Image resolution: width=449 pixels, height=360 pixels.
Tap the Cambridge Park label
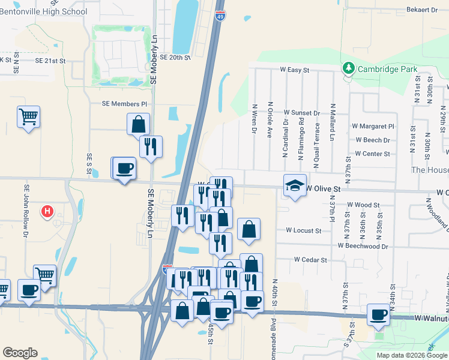(x=387, y=69)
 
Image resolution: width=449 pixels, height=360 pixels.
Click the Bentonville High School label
(x=44, y=11)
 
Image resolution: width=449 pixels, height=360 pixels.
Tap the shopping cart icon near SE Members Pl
(x=29, y=116)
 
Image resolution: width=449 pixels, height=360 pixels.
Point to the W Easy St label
(x=294, y=70)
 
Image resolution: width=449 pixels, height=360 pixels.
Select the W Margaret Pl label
(x=373, y=127)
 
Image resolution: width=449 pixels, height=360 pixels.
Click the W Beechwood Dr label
(x=363, y=246)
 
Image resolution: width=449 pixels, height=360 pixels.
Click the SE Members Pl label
(x=124, y=104)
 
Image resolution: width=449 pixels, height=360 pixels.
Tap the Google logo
(x=20, y=353)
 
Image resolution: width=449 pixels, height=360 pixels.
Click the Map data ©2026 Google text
(x=412, y=355)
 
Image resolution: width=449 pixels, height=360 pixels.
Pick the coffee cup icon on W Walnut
(x=378, y=314)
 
